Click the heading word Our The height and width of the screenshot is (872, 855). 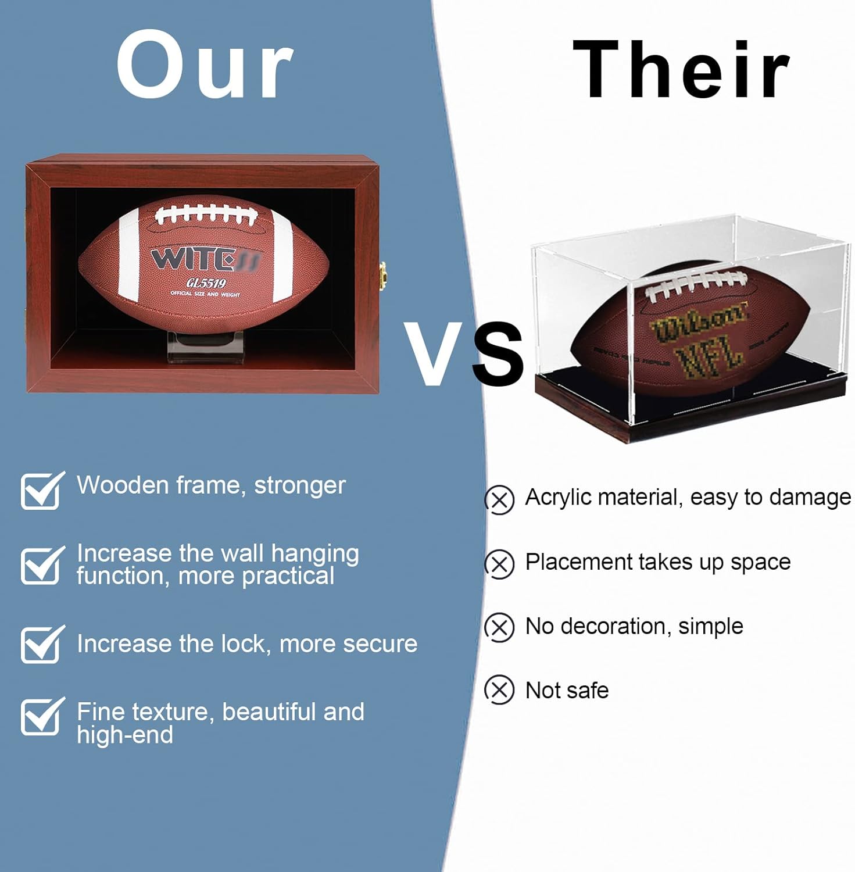pyautogui.click(x=205, y=65)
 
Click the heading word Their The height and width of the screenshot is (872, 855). pyautogui.click(x=681, y=70)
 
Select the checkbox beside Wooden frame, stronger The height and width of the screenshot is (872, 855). pyautogui.click(x=41, y=491)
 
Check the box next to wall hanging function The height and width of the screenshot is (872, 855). pyautogui.click(x=41, y=565)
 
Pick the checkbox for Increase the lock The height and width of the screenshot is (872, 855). pyautogui.click(x=41, y=644)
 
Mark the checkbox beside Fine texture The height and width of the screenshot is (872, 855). pyautogui.click(x=41, y=716)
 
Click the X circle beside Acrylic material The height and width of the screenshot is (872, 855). pyautogui.click(x=500, y=500)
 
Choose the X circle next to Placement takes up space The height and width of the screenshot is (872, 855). pyautogui.click(x=500, y=564)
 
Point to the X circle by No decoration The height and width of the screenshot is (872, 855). pyautogui.click(x=500, y=627)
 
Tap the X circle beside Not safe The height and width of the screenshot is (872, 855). pyautogui.click(x=500, y=690)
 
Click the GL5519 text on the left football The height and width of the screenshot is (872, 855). pyautogui.click(x=206, y=283)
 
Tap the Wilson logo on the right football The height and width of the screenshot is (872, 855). pyautogui.click(x=699, y=322)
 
